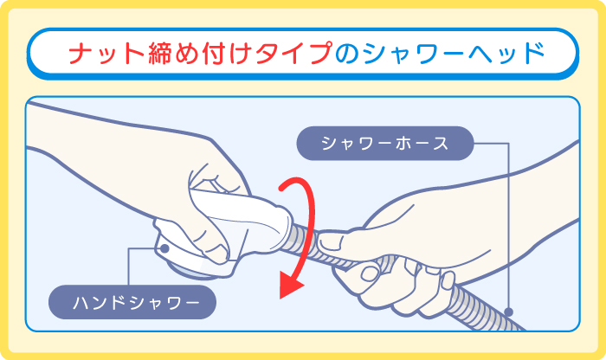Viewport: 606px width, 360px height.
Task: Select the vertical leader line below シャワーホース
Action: click(x=508, y=225)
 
